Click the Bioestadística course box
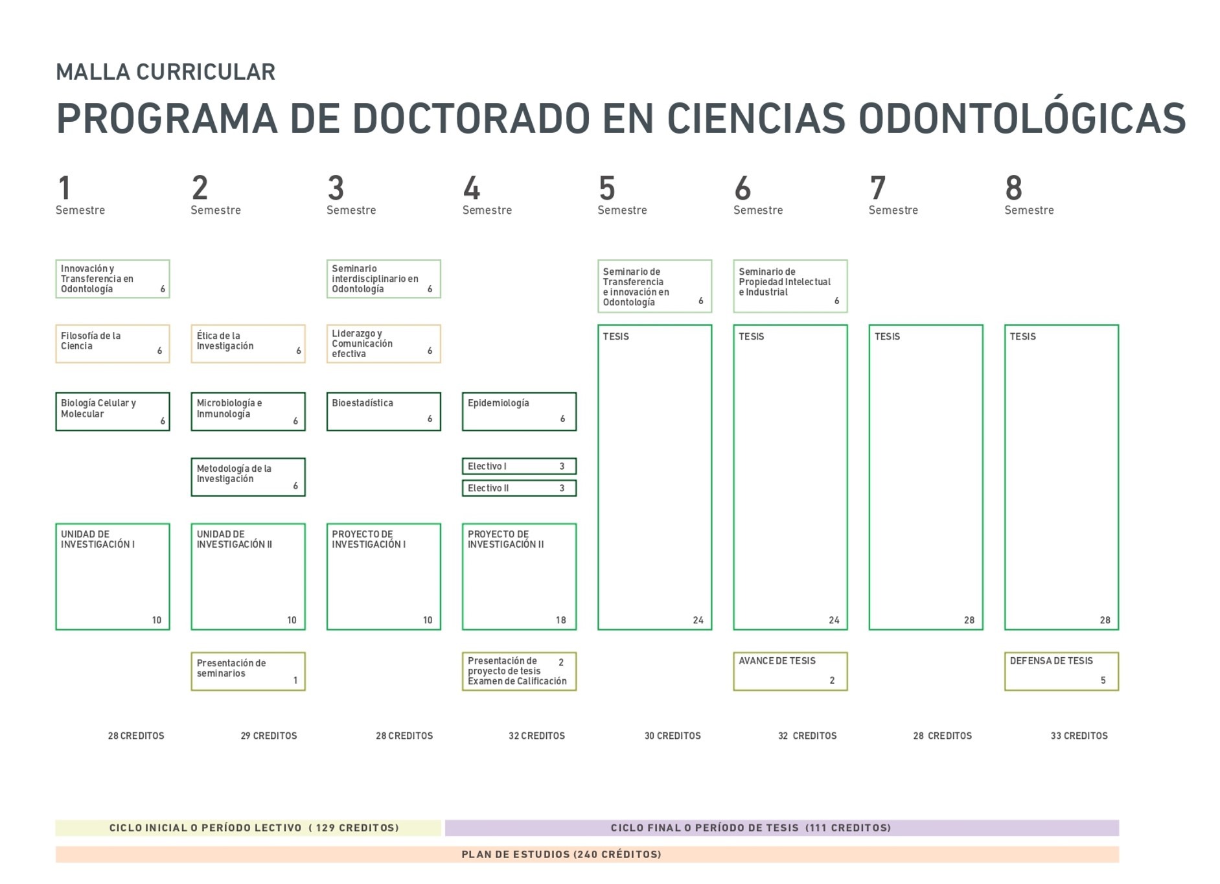(384, 412)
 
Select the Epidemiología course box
(519, 412)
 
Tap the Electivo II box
(519, 488)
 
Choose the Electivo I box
(519, 466)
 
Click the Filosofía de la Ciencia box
(113, 343)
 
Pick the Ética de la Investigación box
(248, 343)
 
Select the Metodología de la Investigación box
(248, 477)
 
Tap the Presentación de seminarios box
(248, 671)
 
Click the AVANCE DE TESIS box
(790, 671)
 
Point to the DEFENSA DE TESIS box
(1061, 671)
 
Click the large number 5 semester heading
(607, 188)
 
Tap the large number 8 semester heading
(1014, 188)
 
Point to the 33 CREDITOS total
(1079, 736)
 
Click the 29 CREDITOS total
(269, 736)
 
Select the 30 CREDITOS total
(673, 736)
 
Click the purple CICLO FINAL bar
(782, 828)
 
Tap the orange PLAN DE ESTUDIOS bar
(587, 854)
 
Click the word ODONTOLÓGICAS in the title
(1022, 118)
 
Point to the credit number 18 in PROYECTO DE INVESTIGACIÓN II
(561, 620)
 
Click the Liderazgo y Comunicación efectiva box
(384, 343)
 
